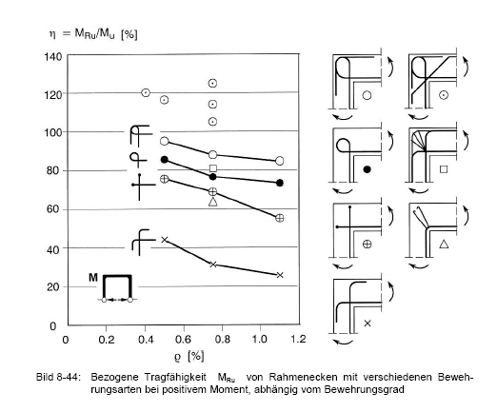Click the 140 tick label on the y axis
coord(53,57)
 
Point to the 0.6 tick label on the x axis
coord(184,340)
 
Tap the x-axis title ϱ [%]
coord(189,357)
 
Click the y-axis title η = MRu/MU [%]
coord(93,34)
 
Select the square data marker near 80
coord(213,168)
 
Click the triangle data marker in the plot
coord(213,202)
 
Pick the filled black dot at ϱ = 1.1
coord(280,183)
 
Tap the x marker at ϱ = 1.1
coord(280,275)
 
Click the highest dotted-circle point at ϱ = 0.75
coord(212,83)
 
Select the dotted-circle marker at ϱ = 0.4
coord(146,92)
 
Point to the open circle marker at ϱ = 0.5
coord(165,141)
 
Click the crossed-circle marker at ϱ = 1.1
coord(280,218)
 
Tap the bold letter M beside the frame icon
coord(93,278)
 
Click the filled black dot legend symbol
coord(367,169)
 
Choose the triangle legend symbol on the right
coord(444,244)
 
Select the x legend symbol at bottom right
coord(368,324)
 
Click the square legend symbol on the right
coord(444,169)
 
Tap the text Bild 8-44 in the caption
coord(58,378)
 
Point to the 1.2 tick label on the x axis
coord(298,339)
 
